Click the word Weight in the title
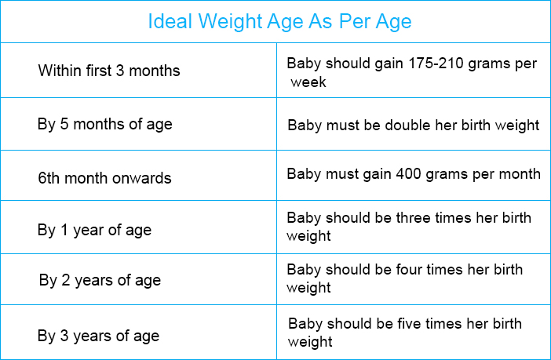(x=230, y=22)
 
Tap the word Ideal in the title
(x=170, y=21)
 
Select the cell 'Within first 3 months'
(x=138, y=71)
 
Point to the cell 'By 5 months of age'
(x=138, y=124)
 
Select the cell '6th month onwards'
(x=138, y=176)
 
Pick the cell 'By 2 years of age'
(x=138, y=279)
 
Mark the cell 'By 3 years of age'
(x=138, y=333)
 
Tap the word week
(x=308, y=82)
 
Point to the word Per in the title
(x=354, y=21)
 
